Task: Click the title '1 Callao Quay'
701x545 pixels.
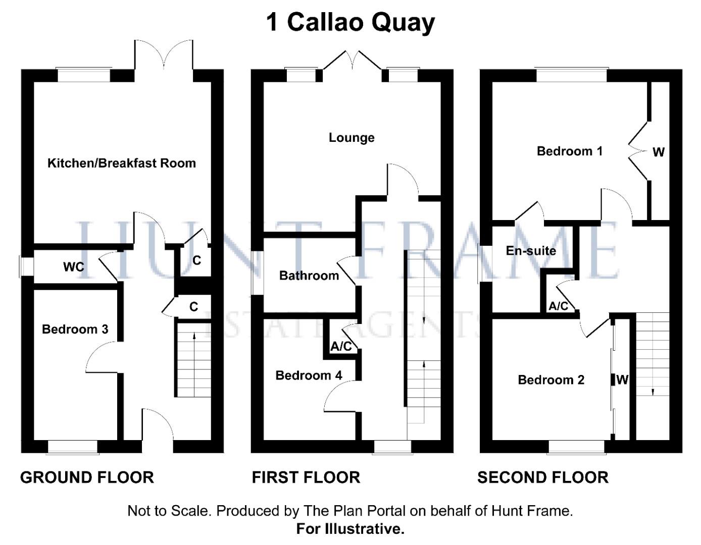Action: (x=350, y=22)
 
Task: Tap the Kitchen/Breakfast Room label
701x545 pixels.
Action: (x=121, y=163)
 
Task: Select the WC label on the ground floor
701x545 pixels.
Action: (x=74, y=266)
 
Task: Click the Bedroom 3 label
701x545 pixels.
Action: (x=75, y=330)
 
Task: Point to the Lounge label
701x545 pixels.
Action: (x=352, y=138)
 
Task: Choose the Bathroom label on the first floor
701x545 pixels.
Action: (x=309, y=276)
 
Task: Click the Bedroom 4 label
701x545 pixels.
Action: (x=309, y=375)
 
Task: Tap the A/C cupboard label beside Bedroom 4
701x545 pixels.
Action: (x=341, y=347)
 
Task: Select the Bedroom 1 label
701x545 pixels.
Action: (x=569, y=151)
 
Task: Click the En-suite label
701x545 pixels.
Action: (x=531, y=251)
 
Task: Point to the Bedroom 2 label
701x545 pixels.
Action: (x=551, y=380)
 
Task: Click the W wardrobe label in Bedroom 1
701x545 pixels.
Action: (x=658, y=152)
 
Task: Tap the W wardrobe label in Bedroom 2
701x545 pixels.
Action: (x=622, y=380)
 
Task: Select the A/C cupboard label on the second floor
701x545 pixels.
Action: (x=558, y=306)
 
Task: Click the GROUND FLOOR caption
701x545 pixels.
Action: (x=87, y=477)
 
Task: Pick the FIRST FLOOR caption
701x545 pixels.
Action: (x=306, y=477)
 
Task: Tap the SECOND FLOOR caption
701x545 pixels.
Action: (x=543, y=477)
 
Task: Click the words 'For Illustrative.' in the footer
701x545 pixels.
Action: (x=350, y=529)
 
